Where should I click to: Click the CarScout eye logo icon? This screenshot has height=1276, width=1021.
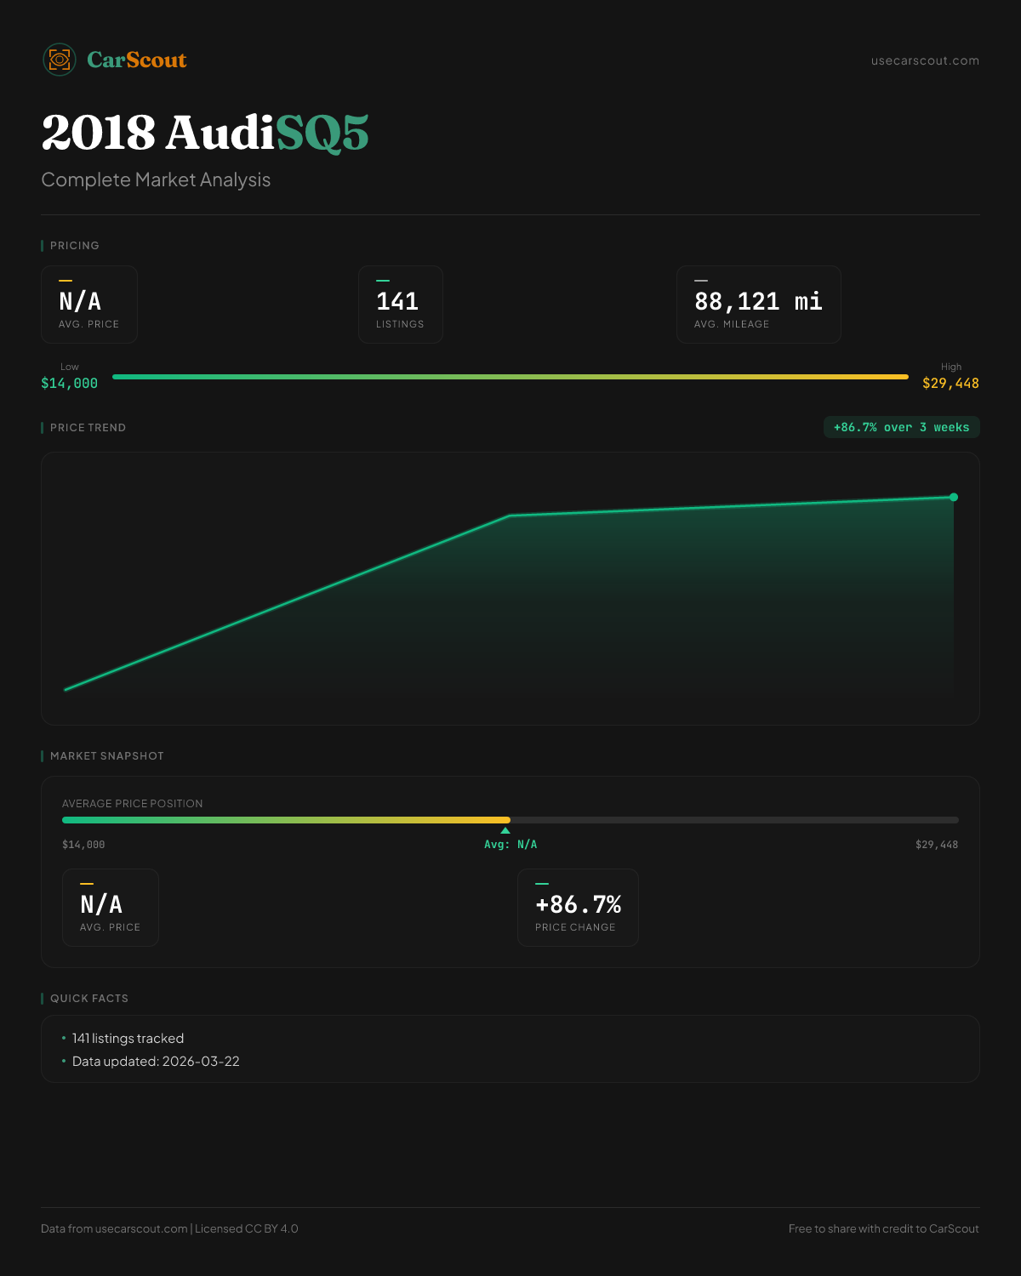[60, 60]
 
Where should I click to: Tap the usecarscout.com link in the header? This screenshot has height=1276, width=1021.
[925, 60]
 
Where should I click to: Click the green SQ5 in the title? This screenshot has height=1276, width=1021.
[322, 134]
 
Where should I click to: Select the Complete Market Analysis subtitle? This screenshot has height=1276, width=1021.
[156, 180]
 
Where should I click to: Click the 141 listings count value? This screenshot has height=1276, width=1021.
[397, 301]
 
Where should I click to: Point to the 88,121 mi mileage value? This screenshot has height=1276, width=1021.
[758, 301]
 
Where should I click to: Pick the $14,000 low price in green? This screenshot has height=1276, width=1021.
[70, 384]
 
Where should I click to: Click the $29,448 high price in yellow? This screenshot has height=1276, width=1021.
[950, 384]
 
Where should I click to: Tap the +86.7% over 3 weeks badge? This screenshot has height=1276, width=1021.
[901, 427]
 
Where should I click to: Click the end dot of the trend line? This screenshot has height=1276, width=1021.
[954, 498]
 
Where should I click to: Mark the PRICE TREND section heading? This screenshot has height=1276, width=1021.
[88, 428]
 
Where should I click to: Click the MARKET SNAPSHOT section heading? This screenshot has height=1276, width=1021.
[106, 756]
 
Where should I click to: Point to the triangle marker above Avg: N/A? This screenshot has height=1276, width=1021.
[505, 830]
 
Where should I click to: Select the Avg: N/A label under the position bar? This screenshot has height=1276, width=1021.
[510, 845]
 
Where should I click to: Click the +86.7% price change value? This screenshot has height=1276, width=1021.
[578, 904]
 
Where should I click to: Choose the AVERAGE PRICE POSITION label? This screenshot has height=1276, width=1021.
[133, 804]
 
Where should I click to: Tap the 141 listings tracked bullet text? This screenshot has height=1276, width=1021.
[128, 1039]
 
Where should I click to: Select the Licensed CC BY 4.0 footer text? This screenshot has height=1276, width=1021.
[247, 1228]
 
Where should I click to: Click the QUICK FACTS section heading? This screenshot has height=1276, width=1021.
[89, 999]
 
